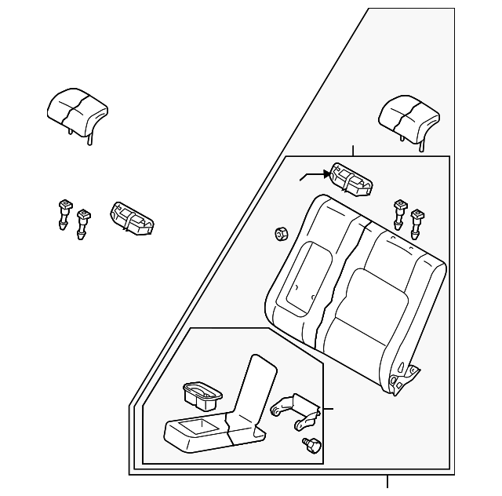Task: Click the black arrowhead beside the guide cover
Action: tap(324, 174)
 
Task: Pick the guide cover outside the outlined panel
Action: tap(133, 217)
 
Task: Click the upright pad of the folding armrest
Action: tap(253, 392)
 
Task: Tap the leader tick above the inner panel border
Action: tap(354, 151)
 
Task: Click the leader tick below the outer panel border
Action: tap(387, 482)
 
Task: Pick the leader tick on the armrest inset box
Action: tap(329, 409)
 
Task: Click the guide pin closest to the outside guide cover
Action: tap(82, 222)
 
